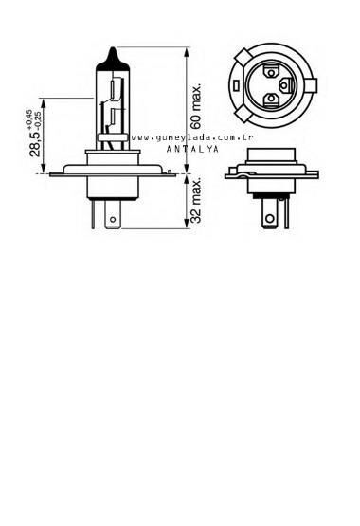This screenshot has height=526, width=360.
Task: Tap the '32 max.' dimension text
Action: coord(197,201)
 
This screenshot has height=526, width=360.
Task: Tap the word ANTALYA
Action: coord(191,150)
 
